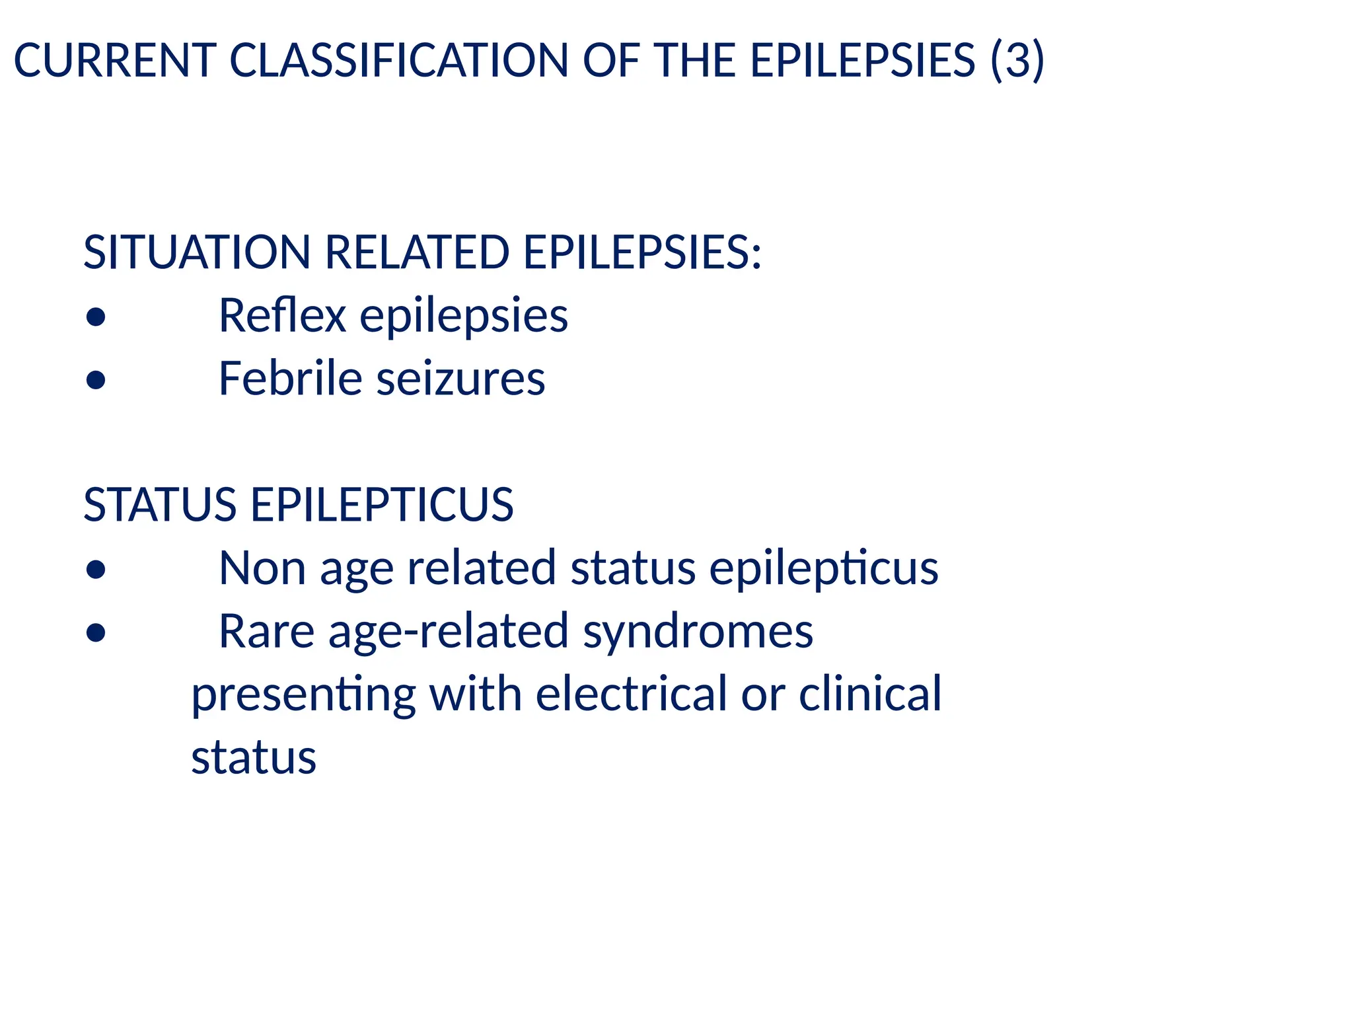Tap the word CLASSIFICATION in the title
point(398,60)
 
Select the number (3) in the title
point(1017,60)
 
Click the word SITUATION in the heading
point(197,252)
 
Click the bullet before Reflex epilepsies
point(96,317)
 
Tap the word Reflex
point(282,315)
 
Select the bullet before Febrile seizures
point(96,380)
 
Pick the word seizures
point(460,379)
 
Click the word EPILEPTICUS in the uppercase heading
point(382,505)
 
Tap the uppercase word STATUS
point(160,505)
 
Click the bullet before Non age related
point(96,570)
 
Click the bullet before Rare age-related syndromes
point(96,633)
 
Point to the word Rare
point(266,632)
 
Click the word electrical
point(631,694)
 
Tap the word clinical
point(870,694)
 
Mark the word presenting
point(303,695)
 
